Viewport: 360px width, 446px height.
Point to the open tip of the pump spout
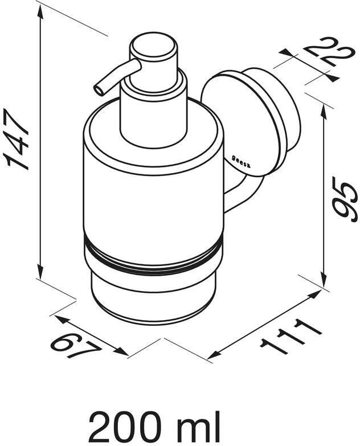(x=97, y=89)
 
